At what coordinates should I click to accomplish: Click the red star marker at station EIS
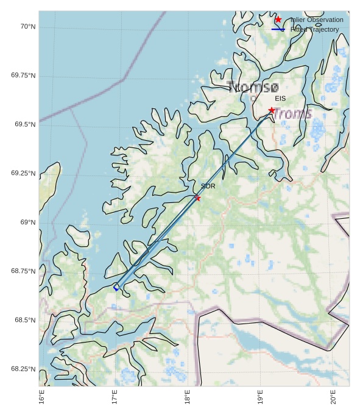[x=272, y=110]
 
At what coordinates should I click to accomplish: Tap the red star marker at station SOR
[x=197, y=198]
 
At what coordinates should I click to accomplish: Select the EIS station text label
[x=280, y=98]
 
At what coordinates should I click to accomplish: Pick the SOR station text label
[x=208, y=186]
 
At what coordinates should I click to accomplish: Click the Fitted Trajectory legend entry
[x=314, y=29]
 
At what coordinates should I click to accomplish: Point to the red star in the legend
[x=278, y=20]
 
